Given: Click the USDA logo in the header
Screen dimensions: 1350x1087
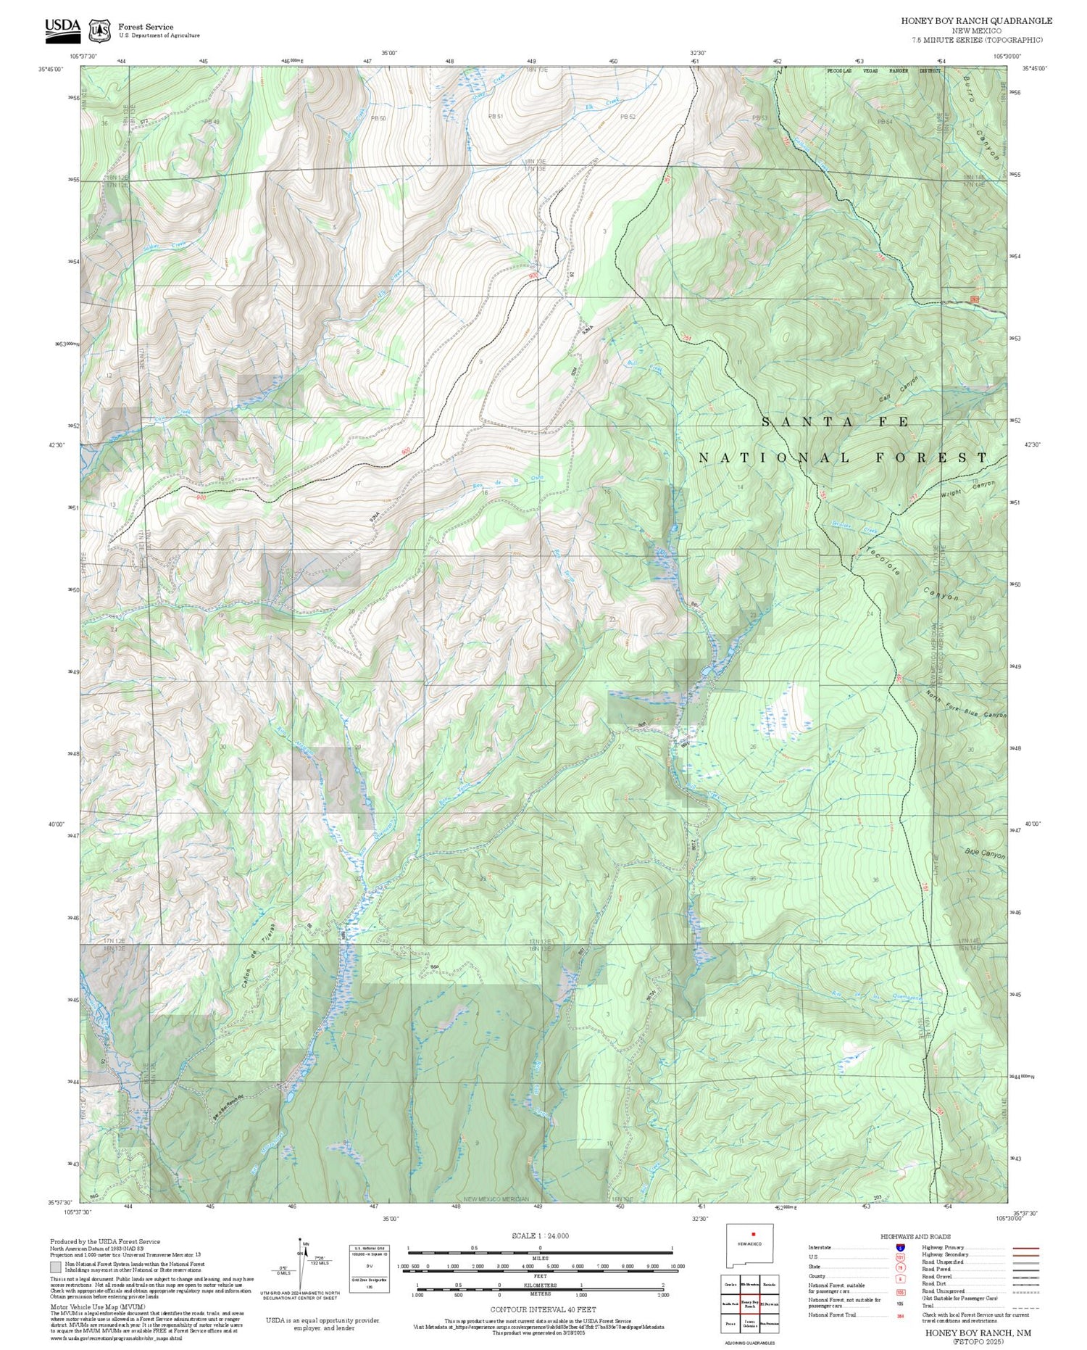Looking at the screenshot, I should pyautogui.click(x=63, y=28).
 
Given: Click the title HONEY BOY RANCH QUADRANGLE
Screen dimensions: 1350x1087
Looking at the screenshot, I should pyautogui.click(x=976, y=21).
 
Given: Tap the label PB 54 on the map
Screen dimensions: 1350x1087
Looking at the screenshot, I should pyautogui.click(x=885, y=121).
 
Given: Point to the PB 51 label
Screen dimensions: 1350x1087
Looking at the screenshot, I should pyautogui.click(x=496, y=116).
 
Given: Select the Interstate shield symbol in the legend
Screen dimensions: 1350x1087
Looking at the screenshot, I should pyautogui.click(x=899, y=1248).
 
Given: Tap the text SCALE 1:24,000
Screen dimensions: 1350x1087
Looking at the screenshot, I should pyautogui.click(x=540, y=1236).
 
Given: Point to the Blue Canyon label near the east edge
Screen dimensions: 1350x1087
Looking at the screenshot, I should pyautogui.click(x=985, y=855).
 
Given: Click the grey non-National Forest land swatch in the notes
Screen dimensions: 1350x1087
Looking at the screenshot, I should pyautogui.click(x=56, y=1267).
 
